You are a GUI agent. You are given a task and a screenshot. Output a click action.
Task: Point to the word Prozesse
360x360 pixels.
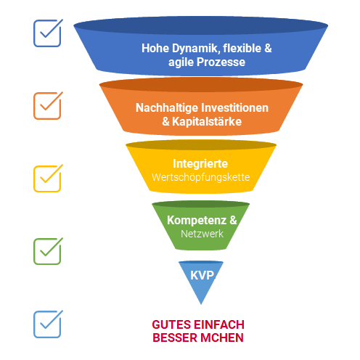tap(221, 62)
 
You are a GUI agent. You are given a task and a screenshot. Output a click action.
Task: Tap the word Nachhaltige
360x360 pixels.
tap(167, 108)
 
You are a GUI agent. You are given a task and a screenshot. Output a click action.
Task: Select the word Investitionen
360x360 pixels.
tap(235, 107)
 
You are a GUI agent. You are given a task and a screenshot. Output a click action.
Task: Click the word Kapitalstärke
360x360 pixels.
tap(207, 121)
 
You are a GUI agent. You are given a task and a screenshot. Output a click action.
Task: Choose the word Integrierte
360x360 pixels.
tap(200, 164)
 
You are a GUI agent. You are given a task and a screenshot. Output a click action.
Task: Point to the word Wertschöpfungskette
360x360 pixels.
tap(201, 177)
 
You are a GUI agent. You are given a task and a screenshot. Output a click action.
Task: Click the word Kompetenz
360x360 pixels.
tap(197, 221)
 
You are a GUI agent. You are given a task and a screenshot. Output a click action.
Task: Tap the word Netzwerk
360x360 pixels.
tap(202, 234)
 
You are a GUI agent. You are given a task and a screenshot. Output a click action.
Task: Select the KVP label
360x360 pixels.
tap(202, 275)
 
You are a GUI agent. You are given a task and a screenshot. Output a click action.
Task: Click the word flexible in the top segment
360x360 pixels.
tap(242, 48)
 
